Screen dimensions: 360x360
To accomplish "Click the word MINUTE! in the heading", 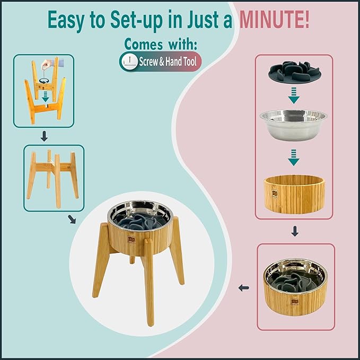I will (x=274, y=19).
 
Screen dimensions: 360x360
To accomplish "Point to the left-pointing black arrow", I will (x=243, y=288).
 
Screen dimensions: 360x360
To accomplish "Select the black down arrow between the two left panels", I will (x=44, y=136).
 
